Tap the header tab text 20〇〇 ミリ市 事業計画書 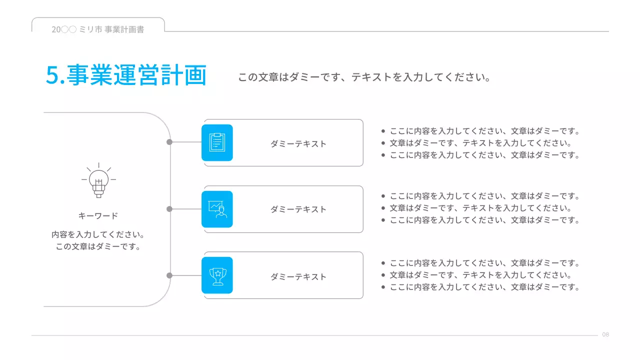[98, 29]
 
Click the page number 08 [605, 334]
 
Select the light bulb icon [98, 180]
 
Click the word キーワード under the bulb [98, 216]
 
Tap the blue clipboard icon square [217, 142]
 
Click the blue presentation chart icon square [217, 209]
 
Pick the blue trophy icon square [217, 275]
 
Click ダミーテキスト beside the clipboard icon [298, 144]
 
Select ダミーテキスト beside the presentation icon [298, 209]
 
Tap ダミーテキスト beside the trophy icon [298, 277]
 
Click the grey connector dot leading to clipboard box [169, 142]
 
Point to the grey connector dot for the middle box [169, 209]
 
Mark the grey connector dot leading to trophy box [169, 275]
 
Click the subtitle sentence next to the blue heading [364, 77]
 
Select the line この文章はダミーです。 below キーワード [98, 246]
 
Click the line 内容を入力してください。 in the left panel [98, 234]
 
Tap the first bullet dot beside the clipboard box [383, 131]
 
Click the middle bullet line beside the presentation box [480, 208]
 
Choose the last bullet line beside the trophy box [484, 287]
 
